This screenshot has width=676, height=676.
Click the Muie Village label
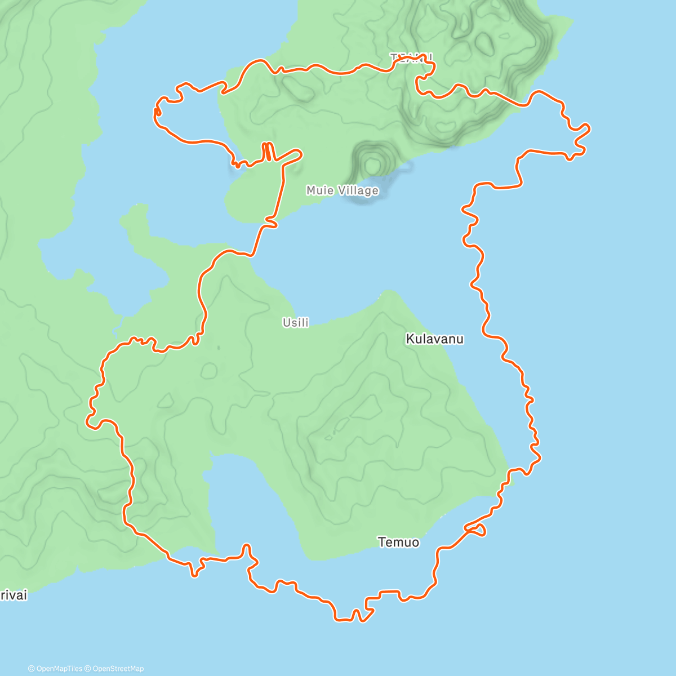(342, 190)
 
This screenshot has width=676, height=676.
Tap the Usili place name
(296, 323)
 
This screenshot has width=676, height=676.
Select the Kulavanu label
(434, 339)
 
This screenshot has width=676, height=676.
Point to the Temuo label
(398, 542)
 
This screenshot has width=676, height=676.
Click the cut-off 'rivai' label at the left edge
(13, 595)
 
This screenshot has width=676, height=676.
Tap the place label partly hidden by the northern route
(412, 57)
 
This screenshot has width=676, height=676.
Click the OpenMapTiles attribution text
(55, 669)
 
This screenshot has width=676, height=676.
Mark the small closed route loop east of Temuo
(477, 529)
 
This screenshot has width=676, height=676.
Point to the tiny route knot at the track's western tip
(157, 112)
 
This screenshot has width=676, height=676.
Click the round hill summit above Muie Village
(372, 164)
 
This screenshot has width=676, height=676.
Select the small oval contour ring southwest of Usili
(209, 370)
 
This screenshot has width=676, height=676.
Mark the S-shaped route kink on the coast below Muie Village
(270, 224)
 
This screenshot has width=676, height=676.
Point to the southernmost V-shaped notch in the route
(356, 614)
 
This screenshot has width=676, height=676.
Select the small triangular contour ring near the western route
(166, 401)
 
